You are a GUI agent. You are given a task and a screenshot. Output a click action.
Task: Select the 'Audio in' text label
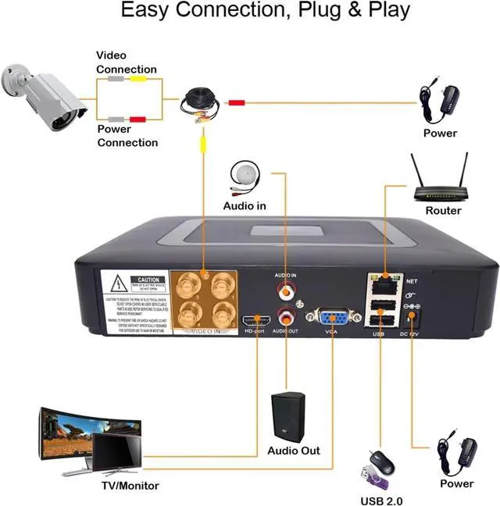pos(245,206)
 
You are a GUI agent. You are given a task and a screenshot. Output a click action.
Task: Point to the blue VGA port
pos(332,319)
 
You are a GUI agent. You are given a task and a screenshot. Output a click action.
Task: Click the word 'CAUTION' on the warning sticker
pos(148,279)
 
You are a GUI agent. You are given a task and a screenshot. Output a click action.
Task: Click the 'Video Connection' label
pos(126,62)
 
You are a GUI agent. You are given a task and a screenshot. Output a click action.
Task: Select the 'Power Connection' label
pos(127,136)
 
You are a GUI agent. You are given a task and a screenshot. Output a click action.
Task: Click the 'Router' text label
pos(443,211)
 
